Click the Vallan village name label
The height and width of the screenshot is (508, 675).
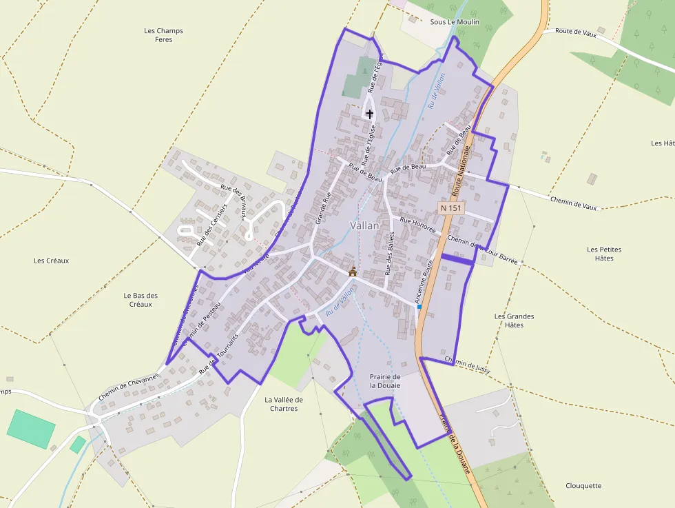[364, 225]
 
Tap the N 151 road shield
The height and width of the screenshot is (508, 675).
[451, 207]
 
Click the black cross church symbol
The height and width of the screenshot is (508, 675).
[369, 114]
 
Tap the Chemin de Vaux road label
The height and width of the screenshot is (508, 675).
[573, 202]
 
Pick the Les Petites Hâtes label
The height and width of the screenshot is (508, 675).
[604, 254]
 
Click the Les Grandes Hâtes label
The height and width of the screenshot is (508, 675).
[514, 321]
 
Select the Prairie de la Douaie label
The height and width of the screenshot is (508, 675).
[385, 381]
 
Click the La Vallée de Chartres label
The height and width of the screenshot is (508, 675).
[284, 404]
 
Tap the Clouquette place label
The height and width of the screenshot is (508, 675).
[583, 486]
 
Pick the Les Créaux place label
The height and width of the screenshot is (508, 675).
[52, 261]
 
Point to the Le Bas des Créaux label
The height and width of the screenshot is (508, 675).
[141, 300]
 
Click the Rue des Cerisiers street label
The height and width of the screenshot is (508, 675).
[211, 225]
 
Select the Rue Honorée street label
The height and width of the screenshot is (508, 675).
[418, 225]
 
